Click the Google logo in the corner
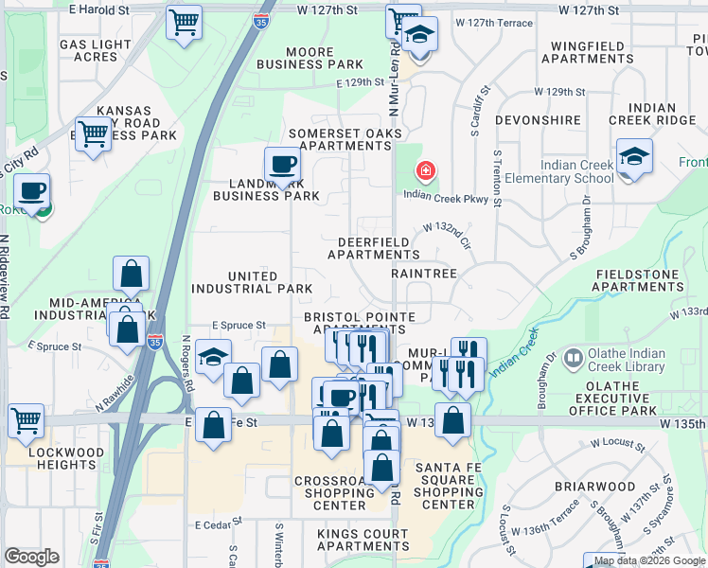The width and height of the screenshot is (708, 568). pos(31,557)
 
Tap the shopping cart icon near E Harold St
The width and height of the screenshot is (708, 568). pos(184,21)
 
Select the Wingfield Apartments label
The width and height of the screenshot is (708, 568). pos(588,51)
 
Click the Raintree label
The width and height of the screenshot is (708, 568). pos(424,273)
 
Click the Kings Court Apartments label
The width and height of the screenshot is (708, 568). pos(363,540)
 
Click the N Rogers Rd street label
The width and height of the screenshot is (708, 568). pos(187,364)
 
